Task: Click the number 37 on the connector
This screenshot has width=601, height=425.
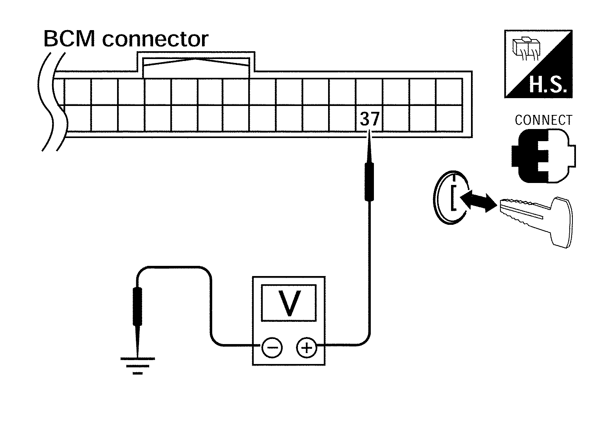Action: click(x=369, y=119)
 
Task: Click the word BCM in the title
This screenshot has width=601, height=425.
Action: click(x=69, y=39)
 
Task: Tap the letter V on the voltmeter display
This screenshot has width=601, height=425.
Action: click(x=289, y=303)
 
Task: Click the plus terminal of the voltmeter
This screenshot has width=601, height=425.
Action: click(x=307, y=347)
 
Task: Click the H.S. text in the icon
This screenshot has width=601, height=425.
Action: click(x=547, y=86)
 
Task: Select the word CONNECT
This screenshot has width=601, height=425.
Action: click(x=543, y=120)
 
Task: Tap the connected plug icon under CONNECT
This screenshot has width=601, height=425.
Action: click(x=543, y=156)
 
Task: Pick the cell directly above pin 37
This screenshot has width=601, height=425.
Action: click(x=369, y=91)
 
